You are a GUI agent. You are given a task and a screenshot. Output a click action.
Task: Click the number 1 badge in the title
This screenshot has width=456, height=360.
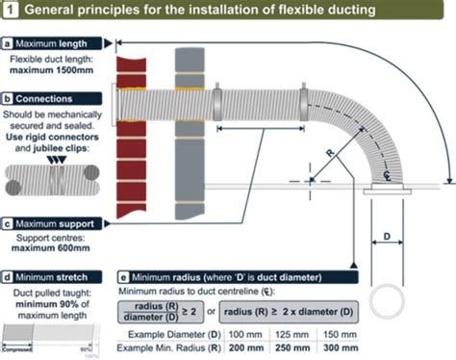(11, 11)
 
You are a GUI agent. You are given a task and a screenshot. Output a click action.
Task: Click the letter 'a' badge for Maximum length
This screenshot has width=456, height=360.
(9, 44)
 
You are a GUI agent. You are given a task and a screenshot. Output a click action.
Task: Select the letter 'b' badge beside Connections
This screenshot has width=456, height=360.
(9, 98)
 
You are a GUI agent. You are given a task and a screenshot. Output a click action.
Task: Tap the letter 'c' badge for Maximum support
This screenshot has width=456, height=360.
(9, 223)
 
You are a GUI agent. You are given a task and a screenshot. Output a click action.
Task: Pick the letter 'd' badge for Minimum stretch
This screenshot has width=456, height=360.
(9, 276)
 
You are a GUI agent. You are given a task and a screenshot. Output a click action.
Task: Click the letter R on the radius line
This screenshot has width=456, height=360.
(330, 154)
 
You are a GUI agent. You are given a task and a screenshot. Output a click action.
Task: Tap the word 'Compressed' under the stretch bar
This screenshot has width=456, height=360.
(20, 348)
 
